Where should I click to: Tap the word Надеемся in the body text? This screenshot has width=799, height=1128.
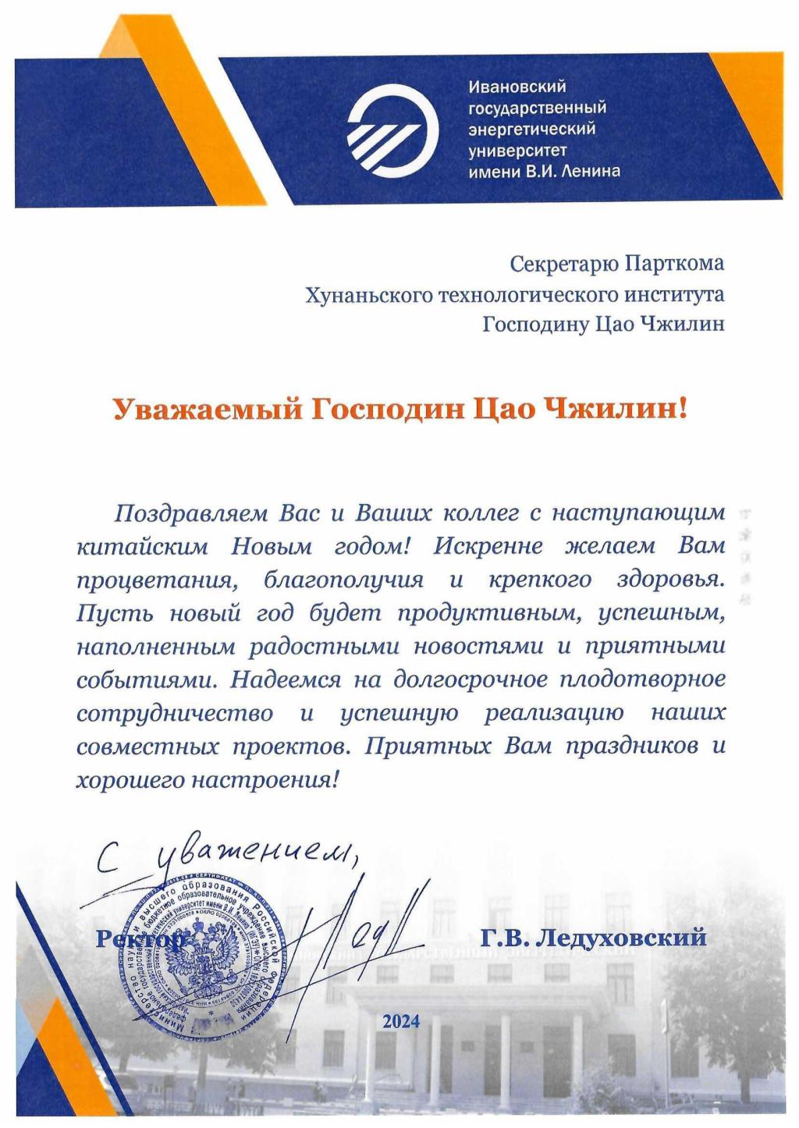click(286, 679)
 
